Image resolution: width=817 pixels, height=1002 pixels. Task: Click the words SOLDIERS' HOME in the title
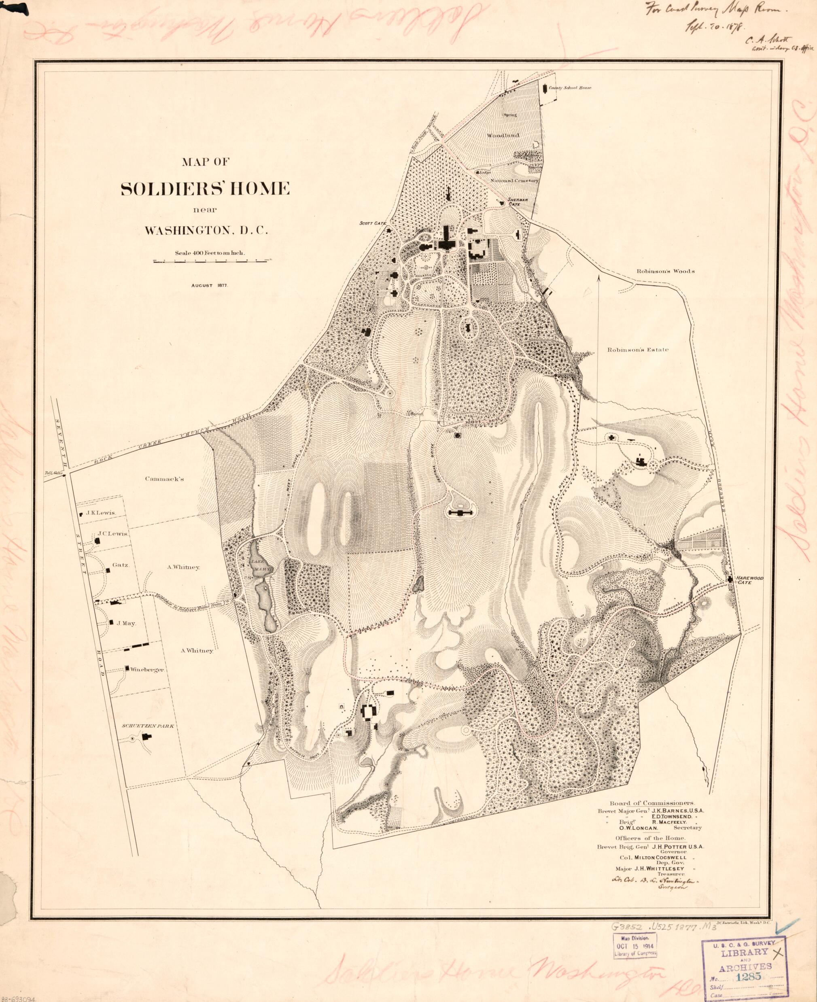205,189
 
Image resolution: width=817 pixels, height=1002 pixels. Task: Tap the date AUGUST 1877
210,286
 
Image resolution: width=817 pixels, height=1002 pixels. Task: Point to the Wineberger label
147,669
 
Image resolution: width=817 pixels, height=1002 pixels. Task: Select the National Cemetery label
514,180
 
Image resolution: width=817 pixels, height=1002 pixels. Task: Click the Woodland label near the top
503,135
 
